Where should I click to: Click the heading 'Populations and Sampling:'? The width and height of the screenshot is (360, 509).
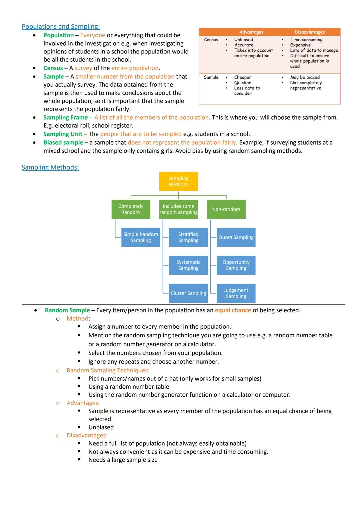(61, 27)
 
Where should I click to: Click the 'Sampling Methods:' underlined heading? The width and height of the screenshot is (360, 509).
(50, 167)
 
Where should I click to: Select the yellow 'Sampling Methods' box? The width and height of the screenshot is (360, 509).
(178, 181)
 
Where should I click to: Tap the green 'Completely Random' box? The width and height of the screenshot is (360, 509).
(131, 209)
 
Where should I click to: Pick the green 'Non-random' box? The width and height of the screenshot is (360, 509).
(226, 209)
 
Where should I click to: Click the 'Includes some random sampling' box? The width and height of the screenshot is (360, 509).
(178, 209)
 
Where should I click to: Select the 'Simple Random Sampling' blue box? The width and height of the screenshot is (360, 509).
(141, 237)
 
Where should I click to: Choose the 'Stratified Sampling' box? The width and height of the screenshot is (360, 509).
(188, 237)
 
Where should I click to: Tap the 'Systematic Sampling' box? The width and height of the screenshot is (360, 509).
(188, 265)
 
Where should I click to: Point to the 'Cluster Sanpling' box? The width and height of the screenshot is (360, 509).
(188, 293)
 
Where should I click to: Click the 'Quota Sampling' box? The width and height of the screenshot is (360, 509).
(236, 237)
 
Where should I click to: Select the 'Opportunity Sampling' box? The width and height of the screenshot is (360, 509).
(236, 265)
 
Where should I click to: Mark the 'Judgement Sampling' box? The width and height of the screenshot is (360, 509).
(236, 293)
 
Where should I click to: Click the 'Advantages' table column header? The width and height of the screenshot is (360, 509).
(251, 32)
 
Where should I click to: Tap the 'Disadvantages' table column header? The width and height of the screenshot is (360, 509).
(310, 32)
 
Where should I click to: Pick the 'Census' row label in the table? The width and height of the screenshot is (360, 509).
(211, 40)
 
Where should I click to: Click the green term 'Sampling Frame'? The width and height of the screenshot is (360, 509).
(65, 117)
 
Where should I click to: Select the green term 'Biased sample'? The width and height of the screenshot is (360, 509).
(63, 142)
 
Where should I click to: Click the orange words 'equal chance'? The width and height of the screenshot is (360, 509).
(233, 310)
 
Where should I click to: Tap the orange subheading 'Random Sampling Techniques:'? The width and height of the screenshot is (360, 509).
(108, 370)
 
